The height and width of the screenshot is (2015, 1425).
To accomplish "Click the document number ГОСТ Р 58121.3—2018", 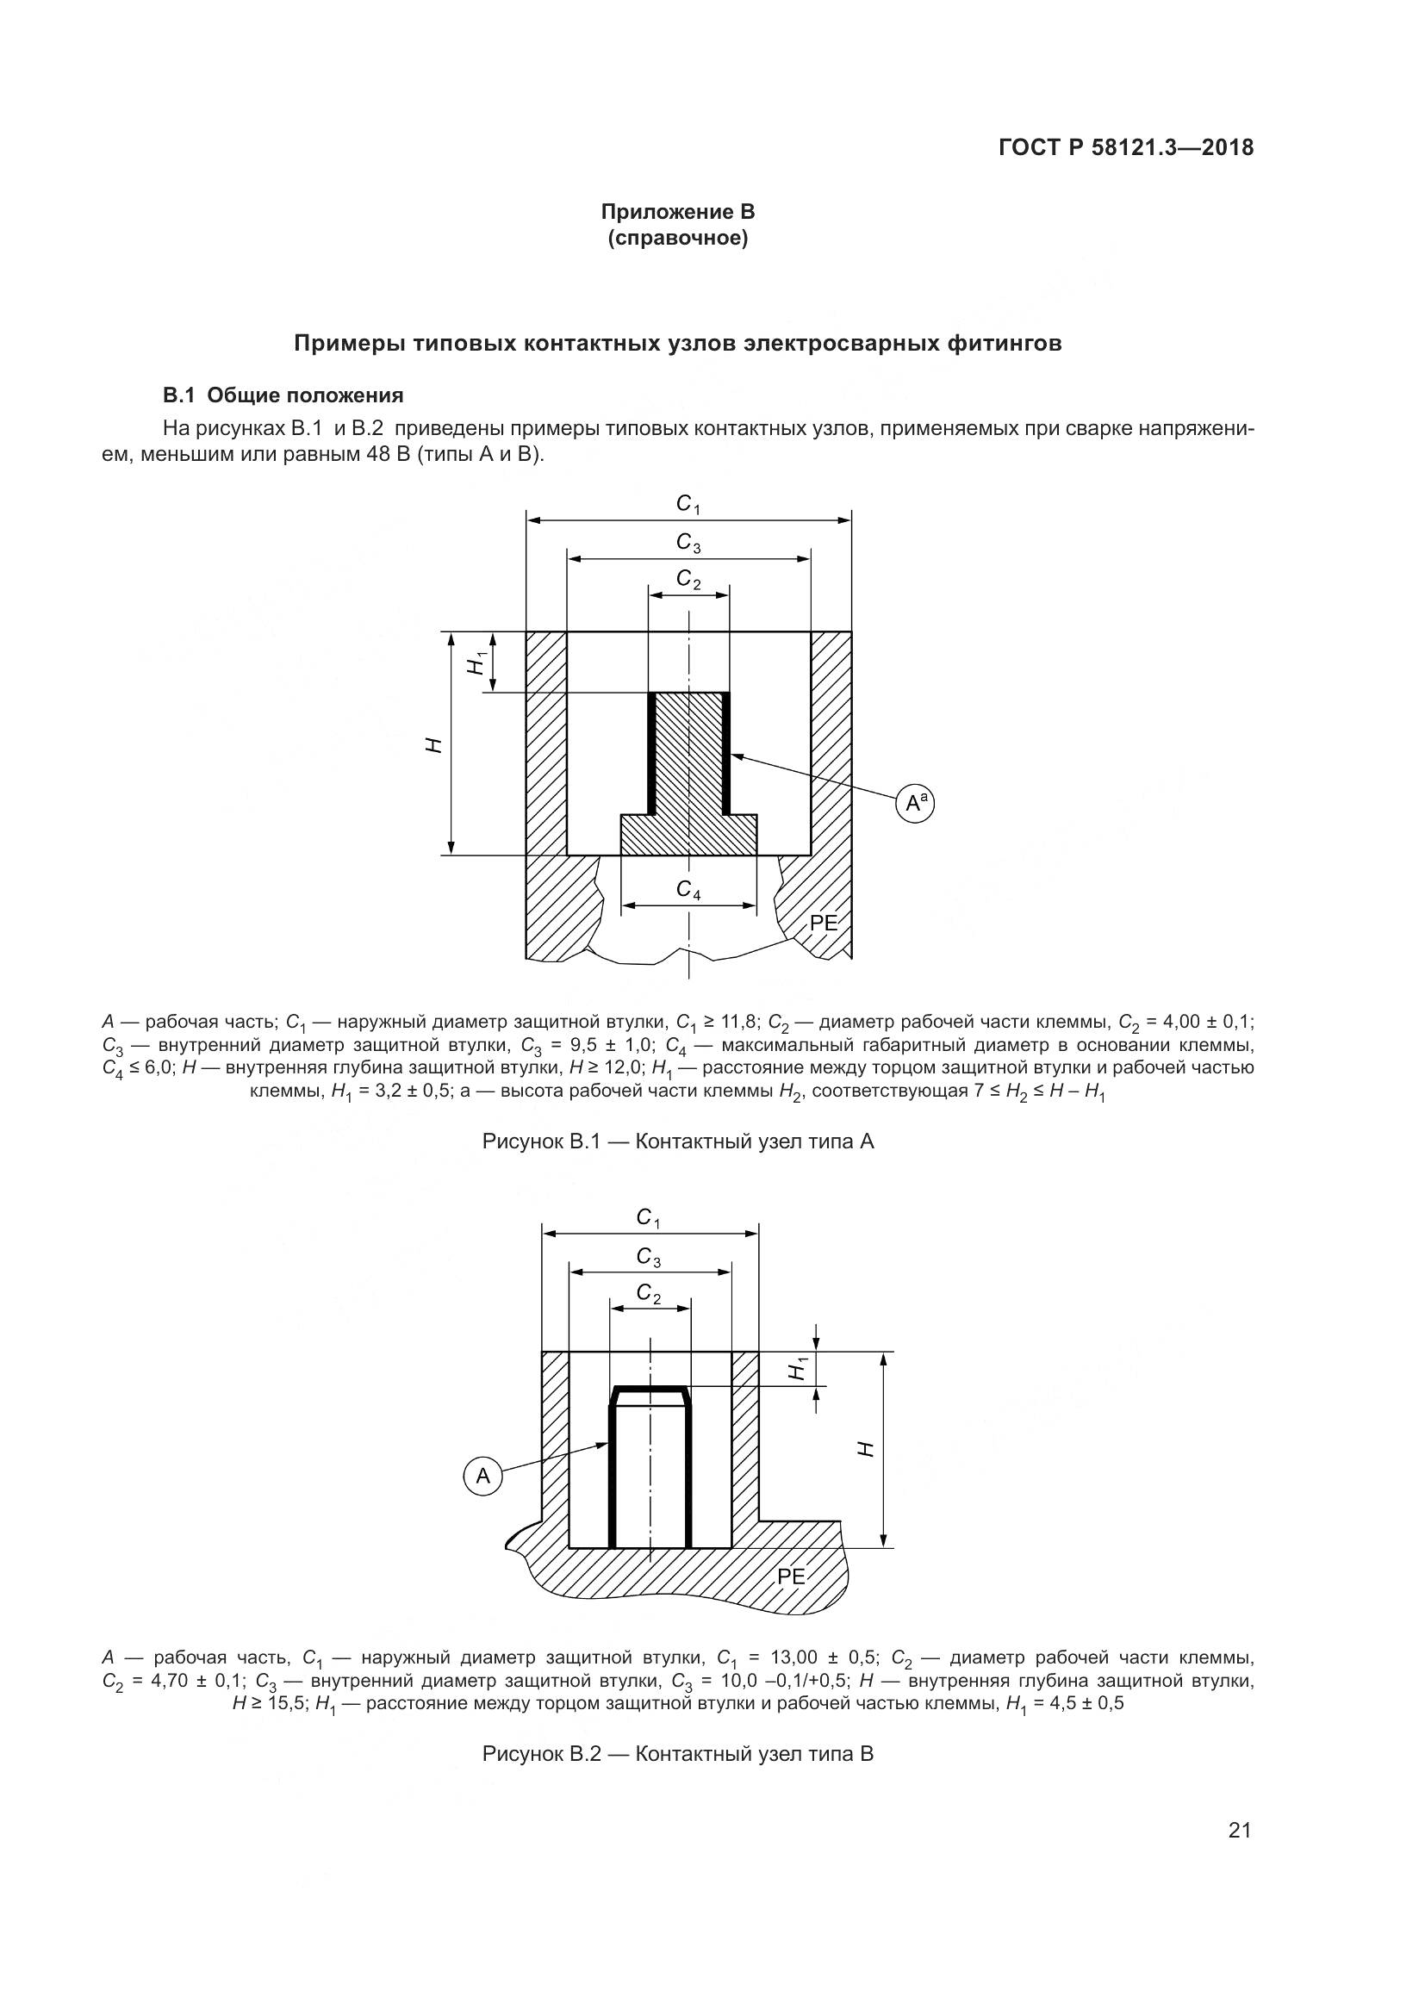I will tap(1126, 148).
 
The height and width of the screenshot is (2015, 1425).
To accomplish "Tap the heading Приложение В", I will tap(677, 212).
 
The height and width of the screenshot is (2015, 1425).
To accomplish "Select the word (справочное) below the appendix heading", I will tap(677, 238).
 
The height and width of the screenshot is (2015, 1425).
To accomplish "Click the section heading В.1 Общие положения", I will tap(283, 395).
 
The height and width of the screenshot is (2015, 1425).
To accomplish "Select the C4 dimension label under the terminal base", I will tap(689, 890).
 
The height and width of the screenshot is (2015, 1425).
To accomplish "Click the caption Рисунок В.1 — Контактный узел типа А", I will tap(677, 1141).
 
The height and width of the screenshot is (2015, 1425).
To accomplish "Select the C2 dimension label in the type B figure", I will tap(650, 1294).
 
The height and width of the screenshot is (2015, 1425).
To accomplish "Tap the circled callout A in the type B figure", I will tap(482, 1477).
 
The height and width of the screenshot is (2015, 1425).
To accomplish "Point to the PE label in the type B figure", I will tap(791, 1577).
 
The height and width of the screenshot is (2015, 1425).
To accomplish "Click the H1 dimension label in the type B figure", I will tap(797, 1368).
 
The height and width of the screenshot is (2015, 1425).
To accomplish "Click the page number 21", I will tap(1239, 1856).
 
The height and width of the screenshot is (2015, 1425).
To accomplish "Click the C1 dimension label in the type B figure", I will tap(649, 1218).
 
